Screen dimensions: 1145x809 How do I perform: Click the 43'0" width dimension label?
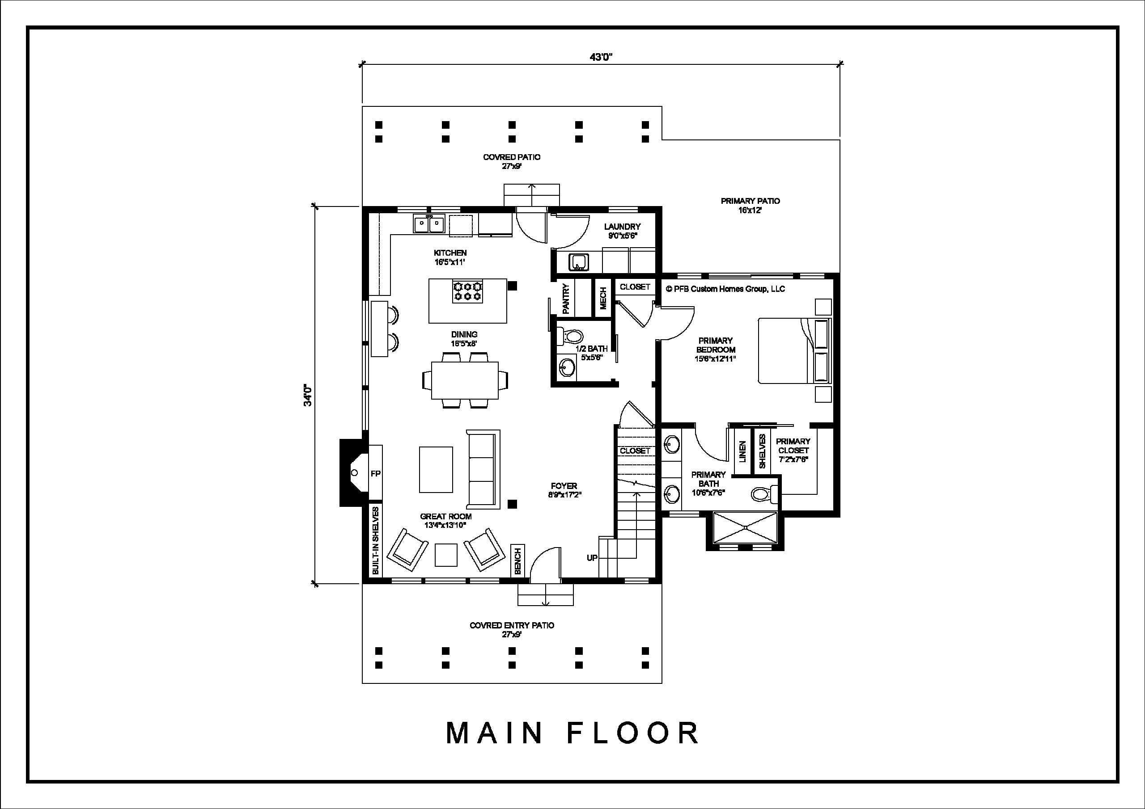point(601,57)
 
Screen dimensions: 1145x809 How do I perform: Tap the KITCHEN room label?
point(450,253)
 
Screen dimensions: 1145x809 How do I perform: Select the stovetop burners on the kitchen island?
point(467,291)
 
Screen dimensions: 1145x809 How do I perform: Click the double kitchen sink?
point(428,224)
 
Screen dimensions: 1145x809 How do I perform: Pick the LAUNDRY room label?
point(622,227)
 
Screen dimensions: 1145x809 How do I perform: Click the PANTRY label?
point(566,299)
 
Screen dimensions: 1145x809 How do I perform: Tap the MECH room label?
point(603,298)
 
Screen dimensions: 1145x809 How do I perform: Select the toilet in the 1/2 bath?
point(569,337)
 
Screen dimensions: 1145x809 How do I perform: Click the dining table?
point(465,380)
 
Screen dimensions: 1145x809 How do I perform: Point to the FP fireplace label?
point(376,473)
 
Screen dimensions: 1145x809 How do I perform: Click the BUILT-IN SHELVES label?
point(376,540)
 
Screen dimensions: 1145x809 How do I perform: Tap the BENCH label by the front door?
point(517,561)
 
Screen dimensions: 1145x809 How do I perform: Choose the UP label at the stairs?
point(592,558)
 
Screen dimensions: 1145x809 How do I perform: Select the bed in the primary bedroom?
point(795,350)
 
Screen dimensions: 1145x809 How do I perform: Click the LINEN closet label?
point(742,451)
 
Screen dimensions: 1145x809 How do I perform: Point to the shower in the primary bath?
point(745,527)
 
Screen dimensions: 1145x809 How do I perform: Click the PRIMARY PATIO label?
point(751,201)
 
